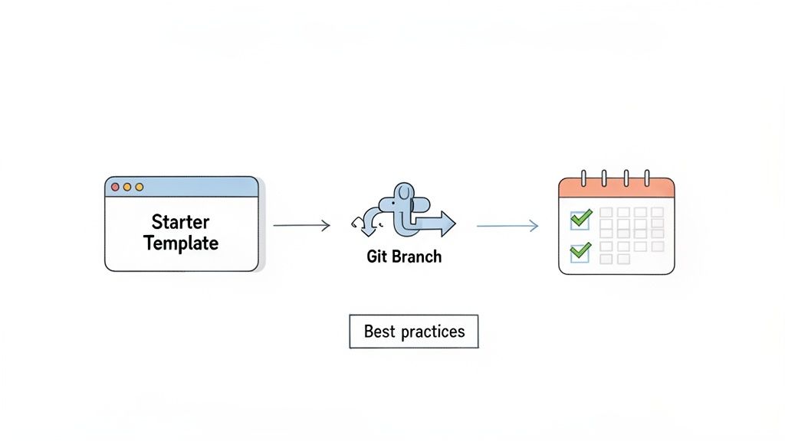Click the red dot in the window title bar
click(x=116, y=187)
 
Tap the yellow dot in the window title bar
click(x=139, y=187)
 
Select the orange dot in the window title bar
click(x=127, y=187)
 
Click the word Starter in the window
click(x=181, y=222)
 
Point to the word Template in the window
click(x=181, y=243)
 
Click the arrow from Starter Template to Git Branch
click(x=301, y=225)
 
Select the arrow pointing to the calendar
click(x=507, y=225)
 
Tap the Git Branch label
click(x=404, y=257)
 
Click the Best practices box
click(x=413, y=332)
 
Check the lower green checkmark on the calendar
click(x=581, y=250)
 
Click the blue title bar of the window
click(x=199, y=187)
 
